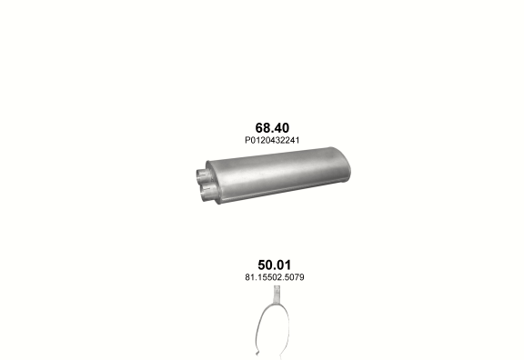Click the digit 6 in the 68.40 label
pos(259,128)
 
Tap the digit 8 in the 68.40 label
pos(267,128)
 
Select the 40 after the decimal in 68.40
pos(281,128)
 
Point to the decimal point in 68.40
pos(272,132)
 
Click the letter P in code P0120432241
pos(247,140)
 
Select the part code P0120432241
pos(272,140)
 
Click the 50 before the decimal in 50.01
pos(265,265)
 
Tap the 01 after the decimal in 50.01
pos(284,265)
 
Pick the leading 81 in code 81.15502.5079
pos(249,277)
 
